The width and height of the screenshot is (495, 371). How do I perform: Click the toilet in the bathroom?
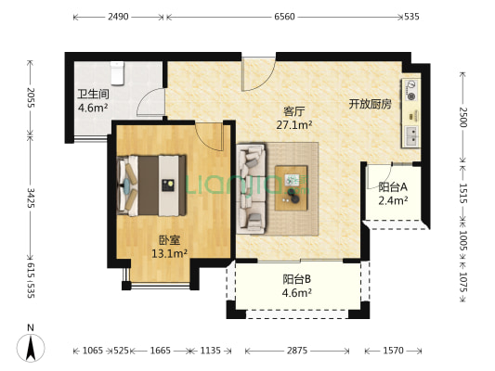click(x=117, y=70)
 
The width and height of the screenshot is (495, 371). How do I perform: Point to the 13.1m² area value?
click(x=170, y=252)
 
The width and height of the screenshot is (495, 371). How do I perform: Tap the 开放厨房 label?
click(x=371, y=103)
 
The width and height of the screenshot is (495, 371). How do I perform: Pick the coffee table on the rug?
click(x=295, y=182)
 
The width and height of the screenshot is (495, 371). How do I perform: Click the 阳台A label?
click(x=393, y=186)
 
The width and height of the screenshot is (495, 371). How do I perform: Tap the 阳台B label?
click(x=297, y=279)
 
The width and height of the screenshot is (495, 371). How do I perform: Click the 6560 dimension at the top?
click(x=284, y=17)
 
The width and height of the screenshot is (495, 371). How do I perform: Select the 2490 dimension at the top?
click(x=118, y=17)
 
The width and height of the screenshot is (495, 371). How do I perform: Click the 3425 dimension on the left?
click(x=30, y=198)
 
